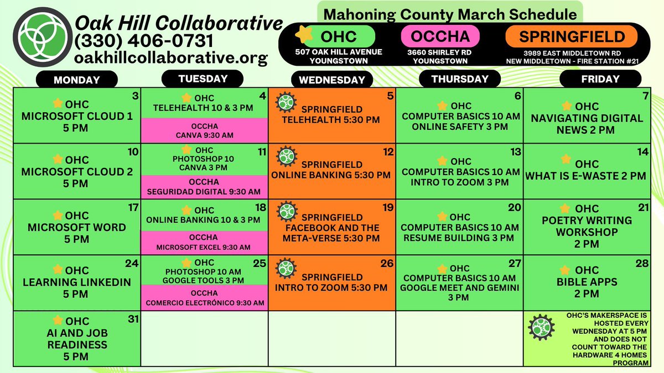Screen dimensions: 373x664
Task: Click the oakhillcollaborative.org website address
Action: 171,57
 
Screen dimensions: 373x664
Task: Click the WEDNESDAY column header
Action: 331,80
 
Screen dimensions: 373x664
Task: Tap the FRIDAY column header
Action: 600,79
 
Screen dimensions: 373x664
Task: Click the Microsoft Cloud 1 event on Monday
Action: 77,117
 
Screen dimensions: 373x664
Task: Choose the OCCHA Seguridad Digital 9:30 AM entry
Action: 204,187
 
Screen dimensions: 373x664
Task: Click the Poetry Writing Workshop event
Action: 587,226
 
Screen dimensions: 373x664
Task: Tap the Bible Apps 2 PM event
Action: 587,282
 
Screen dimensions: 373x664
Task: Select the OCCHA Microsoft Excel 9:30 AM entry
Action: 204,242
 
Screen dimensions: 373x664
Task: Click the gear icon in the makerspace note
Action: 540,328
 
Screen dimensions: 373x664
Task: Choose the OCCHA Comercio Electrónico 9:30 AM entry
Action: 204,297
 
